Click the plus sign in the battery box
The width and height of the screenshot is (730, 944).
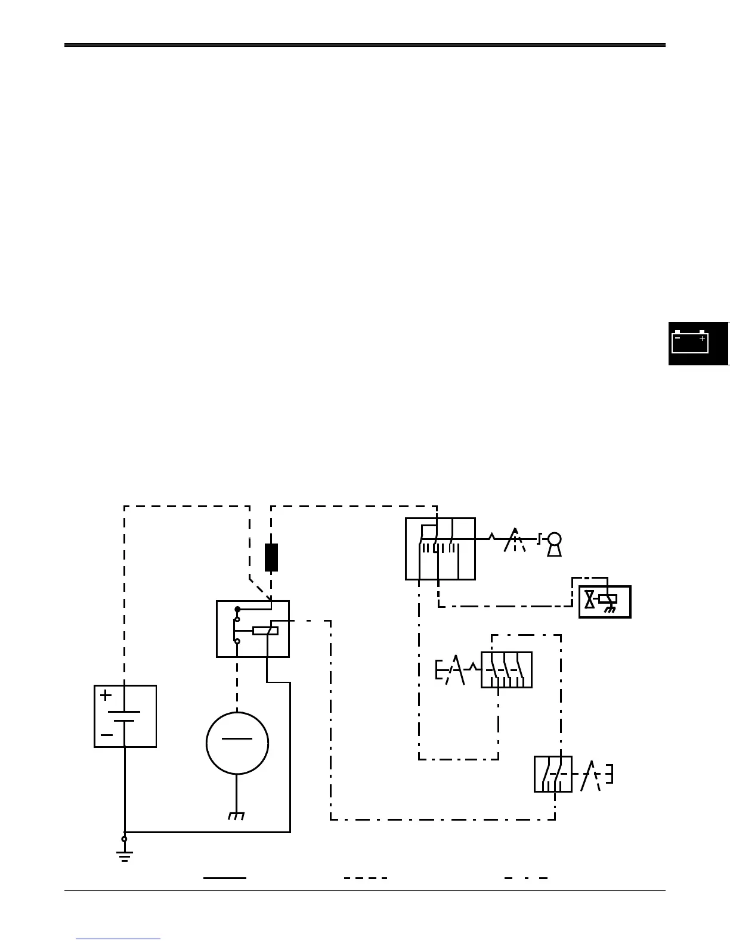[106, 695]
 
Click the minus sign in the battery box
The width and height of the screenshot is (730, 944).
[107, 735]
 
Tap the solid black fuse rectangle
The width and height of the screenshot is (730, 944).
[271, 557]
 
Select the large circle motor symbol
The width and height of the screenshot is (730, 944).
[237, 743]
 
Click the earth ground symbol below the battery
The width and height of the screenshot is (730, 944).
[125, 857]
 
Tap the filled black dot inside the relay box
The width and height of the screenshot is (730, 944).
[237, 609]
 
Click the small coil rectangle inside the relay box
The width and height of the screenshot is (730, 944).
[265, 631]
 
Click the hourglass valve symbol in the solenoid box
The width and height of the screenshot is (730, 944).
[590, 599]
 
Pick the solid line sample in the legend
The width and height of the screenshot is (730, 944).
[225, 878]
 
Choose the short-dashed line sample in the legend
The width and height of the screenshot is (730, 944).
[366, 878]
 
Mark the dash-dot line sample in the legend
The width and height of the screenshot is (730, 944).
[526, 878]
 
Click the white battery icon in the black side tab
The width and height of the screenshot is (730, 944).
[690, 342]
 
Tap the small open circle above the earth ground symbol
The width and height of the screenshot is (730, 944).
[125, 839]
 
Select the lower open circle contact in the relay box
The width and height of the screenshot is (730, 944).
[237, 642]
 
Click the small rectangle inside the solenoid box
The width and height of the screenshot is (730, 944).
[607, 599]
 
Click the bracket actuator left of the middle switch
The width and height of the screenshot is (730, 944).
[440, 670]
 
